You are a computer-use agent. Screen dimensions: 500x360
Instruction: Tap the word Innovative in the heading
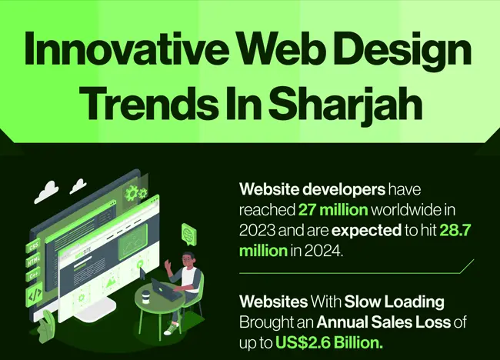(126, 47)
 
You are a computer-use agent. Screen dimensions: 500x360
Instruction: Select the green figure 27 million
(333, 210)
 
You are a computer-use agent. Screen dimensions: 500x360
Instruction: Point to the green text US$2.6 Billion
(329, 343)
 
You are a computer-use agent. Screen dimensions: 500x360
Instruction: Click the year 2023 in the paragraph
(257, 231)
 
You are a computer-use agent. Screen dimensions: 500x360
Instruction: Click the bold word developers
(344, 190)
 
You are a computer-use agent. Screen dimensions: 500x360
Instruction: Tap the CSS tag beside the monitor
(34, 246)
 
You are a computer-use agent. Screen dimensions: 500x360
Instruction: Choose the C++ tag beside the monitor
(34, 275)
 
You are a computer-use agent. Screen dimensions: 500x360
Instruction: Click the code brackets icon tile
(34, 295)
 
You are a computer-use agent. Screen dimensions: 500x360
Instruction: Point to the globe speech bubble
(188, 234)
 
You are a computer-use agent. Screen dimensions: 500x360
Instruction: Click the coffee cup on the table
(145, 297)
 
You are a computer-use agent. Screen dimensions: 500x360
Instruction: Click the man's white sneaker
(171, 329)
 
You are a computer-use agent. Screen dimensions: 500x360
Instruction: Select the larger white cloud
(47, 192)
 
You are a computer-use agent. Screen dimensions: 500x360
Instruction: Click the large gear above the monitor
(131, 193)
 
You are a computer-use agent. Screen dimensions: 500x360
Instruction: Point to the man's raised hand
(168, 265)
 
